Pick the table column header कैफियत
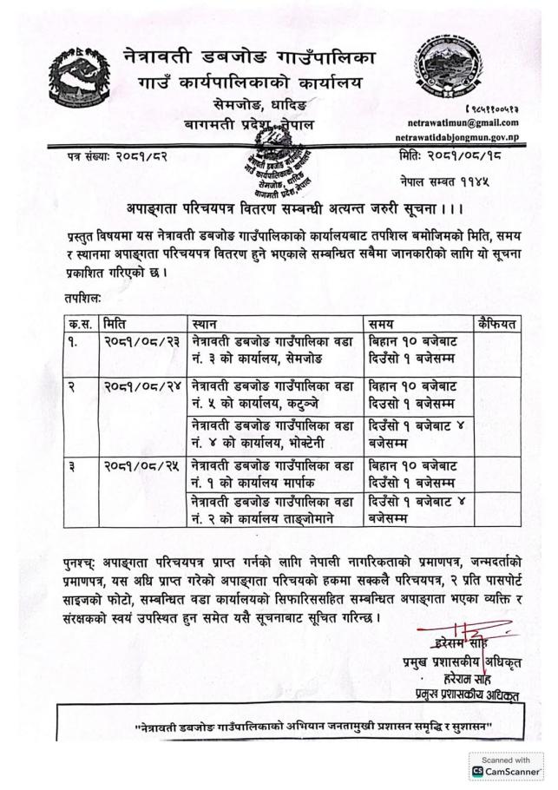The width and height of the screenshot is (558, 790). click(497, 324)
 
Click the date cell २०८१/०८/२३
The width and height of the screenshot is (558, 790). click(143, 341)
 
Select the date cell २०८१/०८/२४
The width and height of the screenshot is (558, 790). click(143, 383)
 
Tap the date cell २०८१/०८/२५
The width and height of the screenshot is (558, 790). click(143, 464)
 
